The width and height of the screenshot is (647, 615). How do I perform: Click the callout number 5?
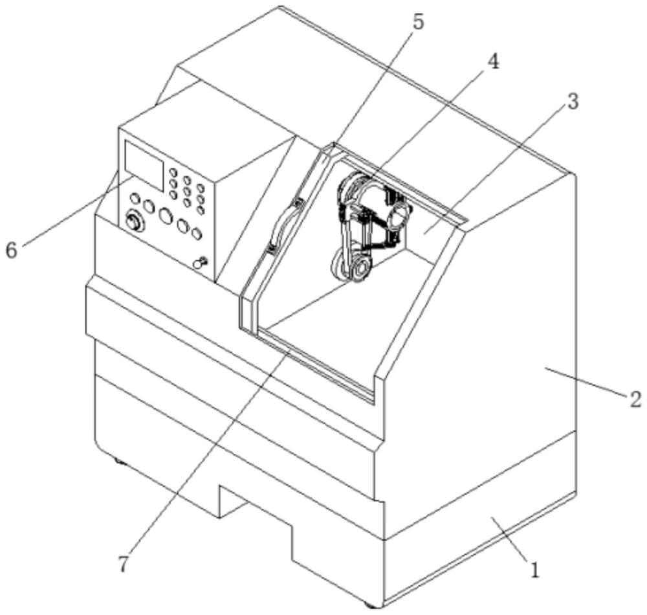418,23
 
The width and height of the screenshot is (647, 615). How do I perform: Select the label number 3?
573,102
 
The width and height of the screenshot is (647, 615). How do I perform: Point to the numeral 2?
636,399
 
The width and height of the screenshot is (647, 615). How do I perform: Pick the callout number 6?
11,250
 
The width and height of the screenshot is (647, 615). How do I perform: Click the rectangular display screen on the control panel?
144,166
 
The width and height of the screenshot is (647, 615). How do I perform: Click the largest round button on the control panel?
166,216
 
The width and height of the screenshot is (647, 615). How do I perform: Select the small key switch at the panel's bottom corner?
201,262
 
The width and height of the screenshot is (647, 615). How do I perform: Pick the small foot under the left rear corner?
119,460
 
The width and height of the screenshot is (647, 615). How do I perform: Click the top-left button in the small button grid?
173,172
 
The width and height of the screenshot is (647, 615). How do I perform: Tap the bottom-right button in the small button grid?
201,210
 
